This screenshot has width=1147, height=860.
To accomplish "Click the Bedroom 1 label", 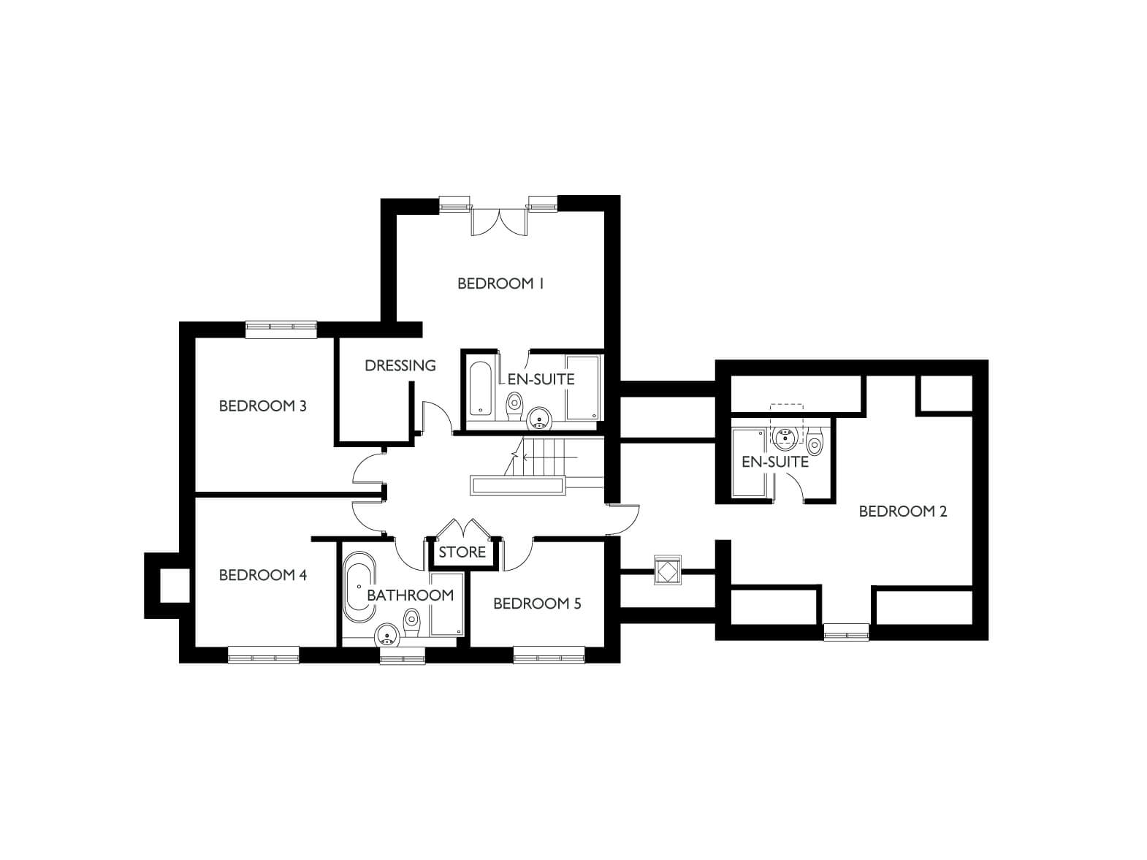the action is (500, 284).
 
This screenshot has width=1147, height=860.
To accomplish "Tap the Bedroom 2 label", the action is (902, 511).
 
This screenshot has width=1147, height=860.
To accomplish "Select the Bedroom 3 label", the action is (262, 406).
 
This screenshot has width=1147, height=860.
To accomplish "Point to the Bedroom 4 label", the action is (262, 575).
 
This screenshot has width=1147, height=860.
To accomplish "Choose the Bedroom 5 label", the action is (537, 604).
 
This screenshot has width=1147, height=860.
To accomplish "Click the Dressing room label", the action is (400, 366).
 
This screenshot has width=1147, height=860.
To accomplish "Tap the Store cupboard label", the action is (462, 552).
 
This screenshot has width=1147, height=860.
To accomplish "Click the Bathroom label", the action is (410, 595).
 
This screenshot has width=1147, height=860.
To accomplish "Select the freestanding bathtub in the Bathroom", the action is (359, 587).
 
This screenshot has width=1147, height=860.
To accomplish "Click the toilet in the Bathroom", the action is (412, 623).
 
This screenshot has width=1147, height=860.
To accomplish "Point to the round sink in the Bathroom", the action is (387, 637).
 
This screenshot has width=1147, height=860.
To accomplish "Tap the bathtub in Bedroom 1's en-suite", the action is (480, 388).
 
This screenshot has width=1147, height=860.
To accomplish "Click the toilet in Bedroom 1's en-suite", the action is (515, 406).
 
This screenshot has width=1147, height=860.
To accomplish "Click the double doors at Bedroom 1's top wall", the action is (500, 221).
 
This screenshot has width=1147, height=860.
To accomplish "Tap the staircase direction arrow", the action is (549, 457).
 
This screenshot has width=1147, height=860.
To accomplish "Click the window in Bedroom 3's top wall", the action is (281, 327).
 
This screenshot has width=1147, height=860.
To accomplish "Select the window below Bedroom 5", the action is (549, 655).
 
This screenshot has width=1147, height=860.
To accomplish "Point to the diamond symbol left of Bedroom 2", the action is (667, 570).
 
